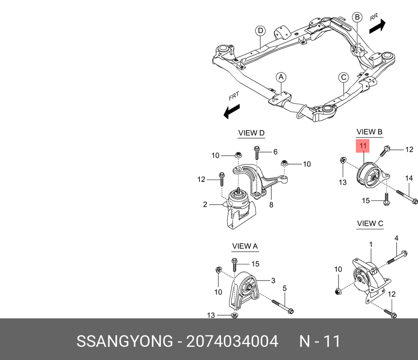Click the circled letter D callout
pos(260,30)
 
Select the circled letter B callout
pos(357,17)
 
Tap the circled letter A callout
pos(281,77)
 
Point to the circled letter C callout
pos(344,78)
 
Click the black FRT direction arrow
pos(232,111)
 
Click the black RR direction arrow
pos(377,26)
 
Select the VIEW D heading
pos(251,133)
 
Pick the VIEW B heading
pos(370,132)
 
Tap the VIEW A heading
pos(245,246)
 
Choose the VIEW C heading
pos(370,223)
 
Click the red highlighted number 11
pos(363,146)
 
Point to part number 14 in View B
pos(409,178)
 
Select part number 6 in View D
pos(275,152)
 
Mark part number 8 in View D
pos(271,205)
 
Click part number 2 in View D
pos(205,204)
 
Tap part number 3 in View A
pos(273,280)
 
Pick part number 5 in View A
pos(284,288)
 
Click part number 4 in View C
pos(396,238)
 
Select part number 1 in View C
pos(371,244)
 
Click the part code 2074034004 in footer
pos(232,341)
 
